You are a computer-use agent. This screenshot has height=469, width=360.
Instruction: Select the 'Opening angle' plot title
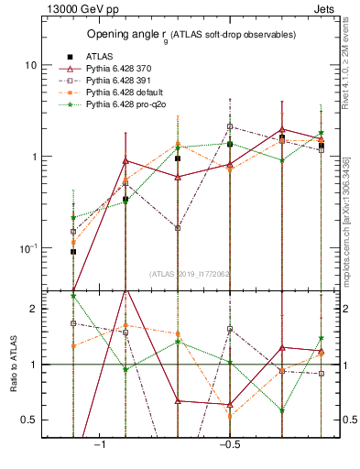tap(191, 35)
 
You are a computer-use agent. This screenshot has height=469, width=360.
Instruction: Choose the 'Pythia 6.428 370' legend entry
tap(121, 68)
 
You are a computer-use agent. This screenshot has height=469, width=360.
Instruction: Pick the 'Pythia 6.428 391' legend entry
tap(121, 81)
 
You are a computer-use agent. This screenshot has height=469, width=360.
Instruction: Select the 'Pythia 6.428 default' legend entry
tap(125, 93)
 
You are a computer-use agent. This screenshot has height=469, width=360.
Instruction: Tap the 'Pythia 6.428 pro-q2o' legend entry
tap(128, 106)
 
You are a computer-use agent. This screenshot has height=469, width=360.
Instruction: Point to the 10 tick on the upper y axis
tap(30, 66)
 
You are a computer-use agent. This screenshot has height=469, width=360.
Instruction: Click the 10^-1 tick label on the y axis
tap(27, 248)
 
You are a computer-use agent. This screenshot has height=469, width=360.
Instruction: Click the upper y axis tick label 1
tap(34, 157)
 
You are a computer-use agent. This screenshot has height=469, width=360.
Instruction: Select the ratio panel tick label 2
tap(34, 310)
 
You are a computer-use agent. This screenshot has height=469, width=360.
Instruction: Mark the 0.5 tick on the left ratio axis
tap(29, 420)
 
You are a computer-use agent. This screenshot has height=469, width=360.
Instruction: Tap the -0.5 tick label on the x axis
tap(228, 444)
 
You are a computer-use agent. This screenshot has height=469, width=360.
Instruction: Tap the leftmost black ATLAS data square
tap(73, 251)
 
